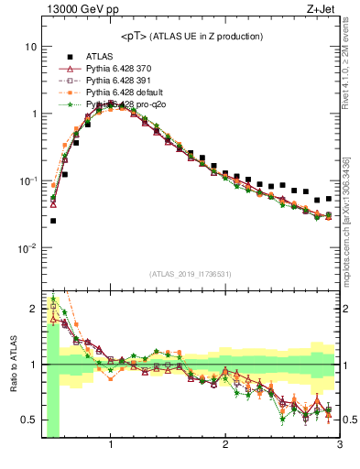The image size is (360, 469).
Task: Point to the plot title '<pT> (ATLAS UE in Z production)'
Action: tap(191, 36)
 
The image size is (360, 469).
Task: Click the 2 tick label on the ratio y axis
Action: tap(33, 307)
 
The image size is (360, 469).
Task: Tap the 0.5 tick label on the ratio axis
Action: tap(29, 420)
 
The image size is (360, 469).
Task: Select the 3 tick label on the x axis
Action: tap(340, 446)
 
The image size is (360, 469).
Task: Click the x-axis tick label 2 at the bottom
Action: tap(225, 446)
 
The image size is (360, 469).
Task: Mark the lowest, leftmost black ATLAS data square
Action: tap(53, 221)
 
